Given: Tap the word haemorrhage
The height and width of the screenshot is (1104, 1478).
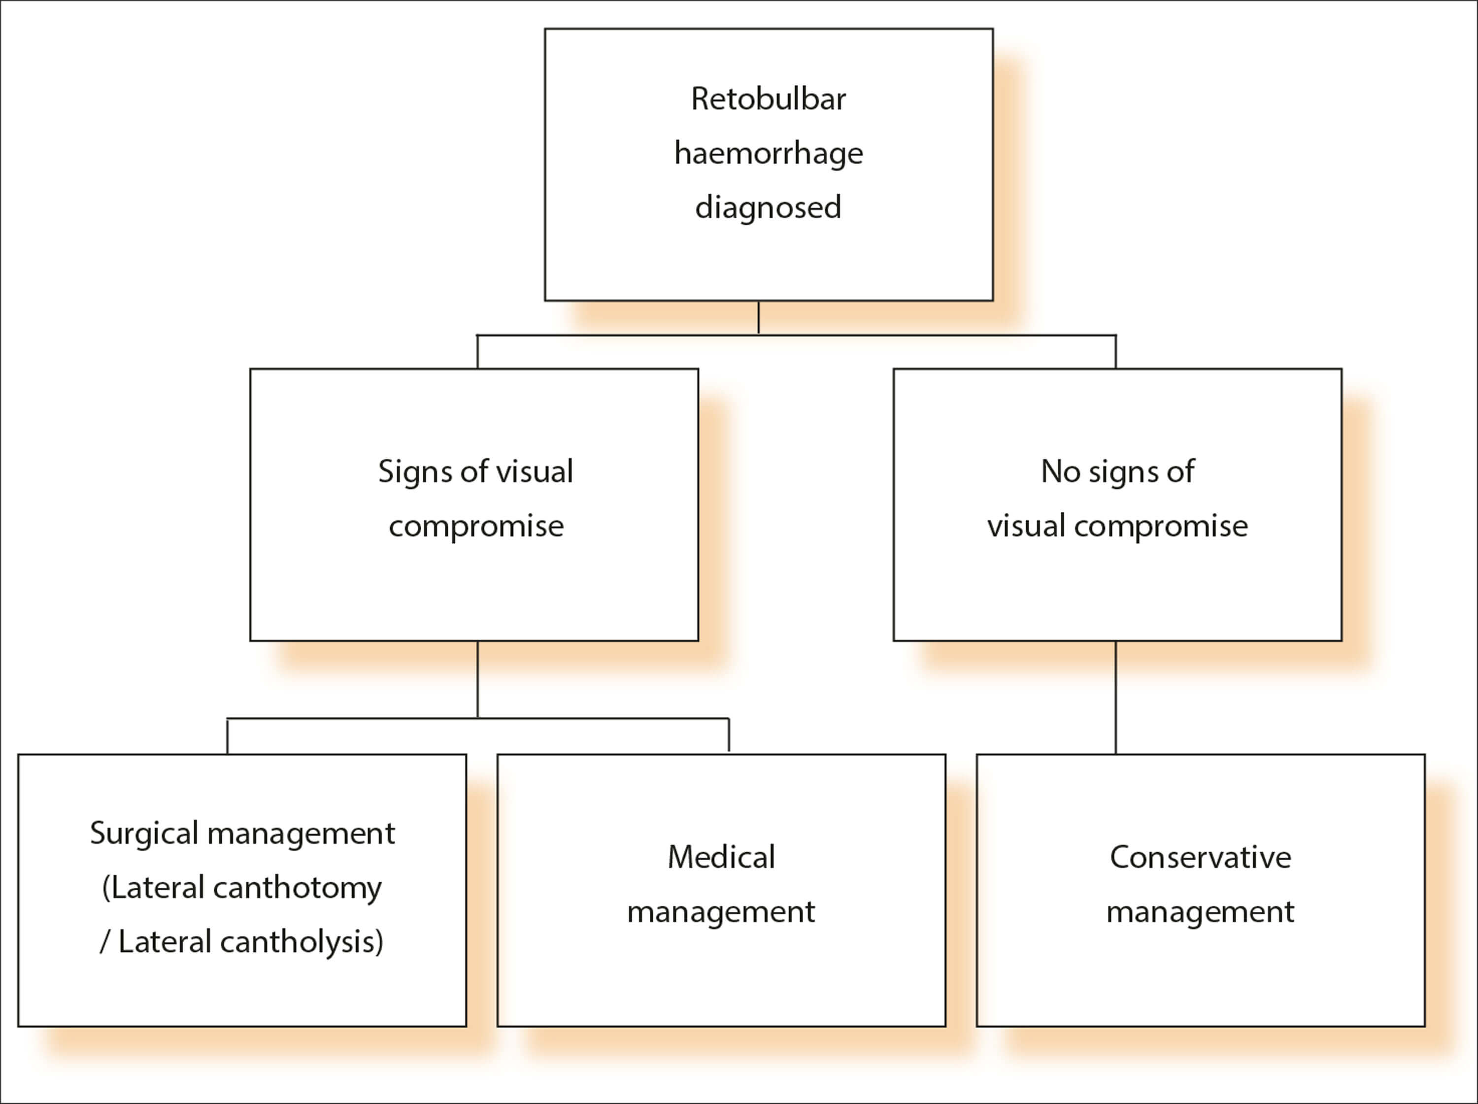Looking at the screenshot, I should tap(769, 154).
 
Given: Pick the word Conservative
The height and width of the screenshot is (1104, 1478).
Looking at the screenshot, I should tap(1200, 857).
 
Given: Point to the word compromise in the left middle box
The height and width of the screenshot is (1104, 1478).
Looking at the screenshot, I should tap(476, 527).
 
